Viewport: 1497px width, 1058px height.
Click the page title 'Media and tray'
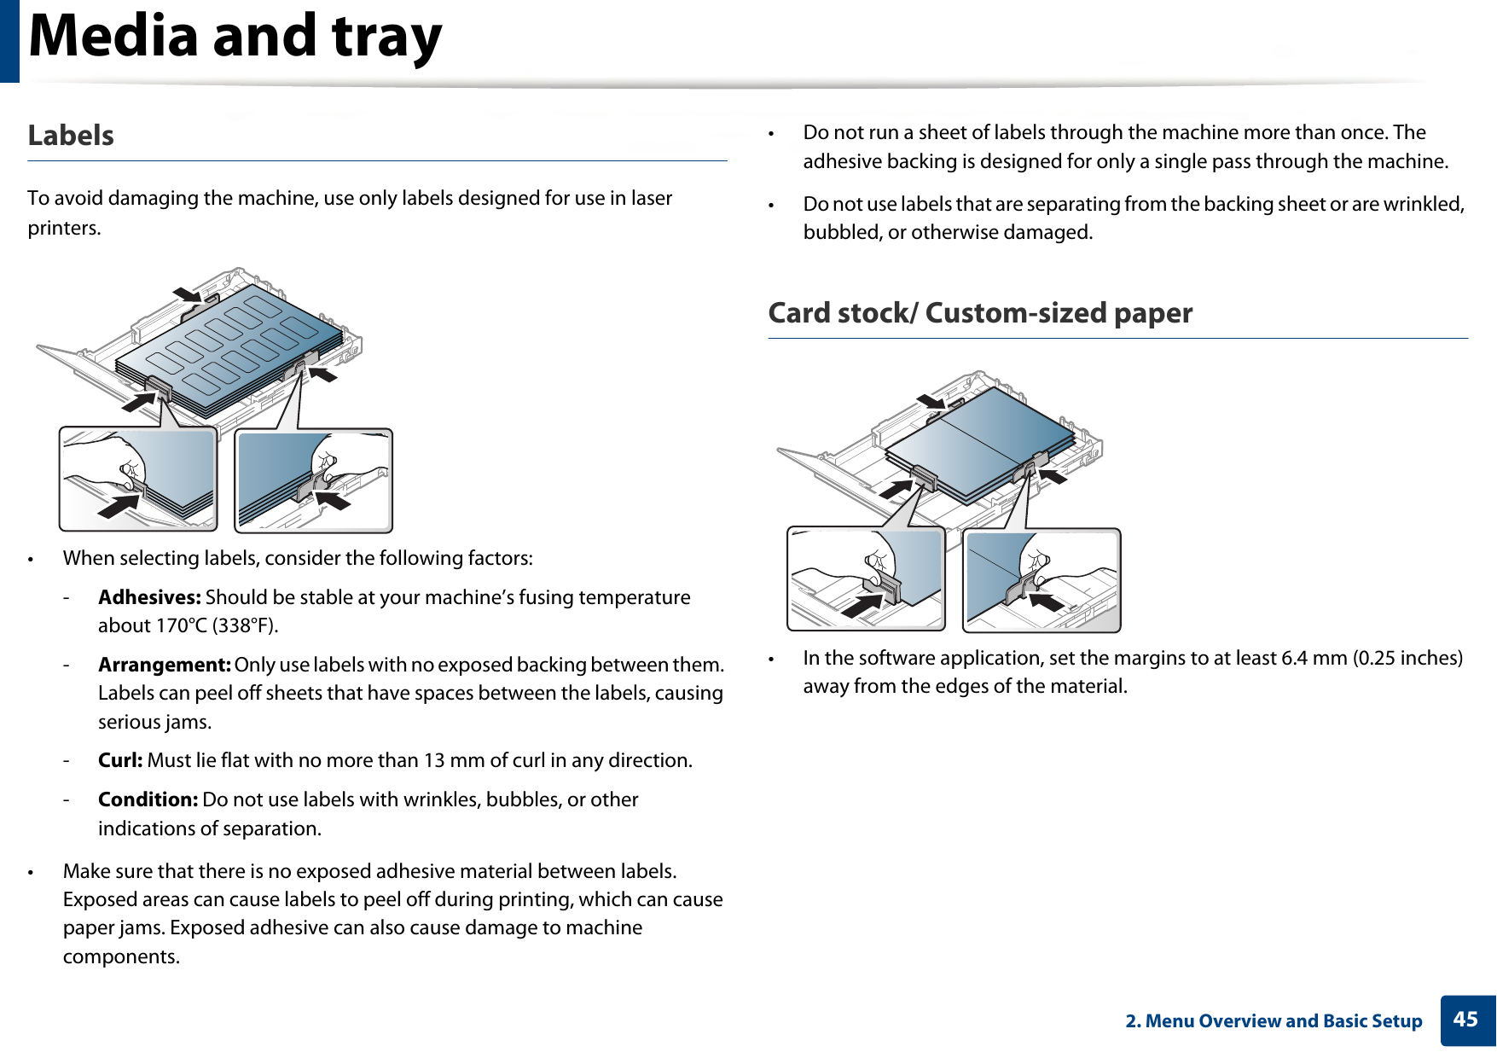[235, 38]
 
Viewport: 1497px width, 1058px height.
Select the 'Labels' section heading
[71, 136]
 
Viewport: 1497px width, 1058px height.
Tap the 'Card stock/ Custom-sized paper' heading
[979, 313]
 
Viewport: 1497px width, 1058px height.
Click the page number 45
[1465, 1020]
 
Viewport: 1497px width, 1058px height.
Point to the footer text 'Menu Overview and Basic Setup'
[1283, 1021]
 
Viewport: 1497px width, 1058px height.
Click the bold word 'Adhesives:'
[149, 597]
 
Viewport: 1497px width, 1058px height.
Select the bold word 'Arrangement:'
[164, 665]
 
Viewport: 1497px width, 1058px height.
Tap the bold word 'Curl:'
[120, 760]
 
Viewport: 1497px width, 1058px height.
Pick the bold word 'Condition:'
[148, 799]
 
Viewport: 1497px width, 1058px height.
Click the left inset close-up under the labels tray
[138, 480]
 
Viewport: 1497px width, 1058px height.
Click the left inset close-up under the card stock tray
[866, 579]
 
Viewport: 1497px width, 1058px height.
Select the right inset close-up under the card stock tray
[1042, 580]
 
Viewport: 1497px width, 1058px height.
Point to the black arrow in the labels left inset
[119, 505]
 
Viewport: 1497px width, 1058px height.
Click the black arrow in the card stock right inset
[1046, 601]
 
